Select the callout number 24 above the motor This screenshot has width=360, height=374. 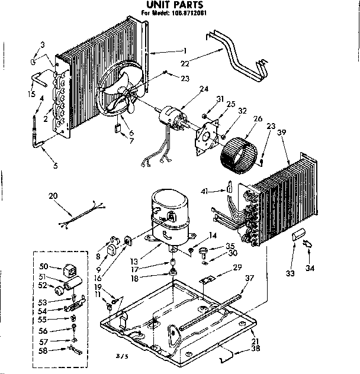pyautogui.click(x=204, y=89)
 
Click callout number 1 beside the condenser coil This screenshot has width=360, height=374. pyautogui.click(x=185, y=51)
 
